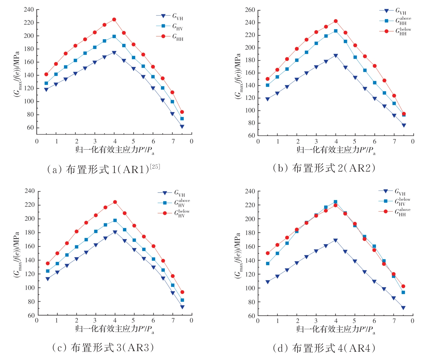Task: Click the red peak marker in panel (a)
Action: [x=114, y=20]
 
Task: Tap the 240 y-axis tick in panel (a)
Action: [x=29, y=9]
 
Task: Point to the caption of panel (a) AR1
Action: [x=103, y=169]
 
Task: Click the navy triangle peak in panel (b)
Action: [x=336, y=55]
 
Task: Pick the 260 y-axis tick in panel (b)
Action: [x=250, y=10]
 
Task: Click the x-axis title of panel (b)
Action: [x=336, y=150]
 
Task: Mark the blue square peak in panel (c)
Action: [x=115, y=220]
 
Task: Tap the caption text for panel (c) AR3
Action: [x=103, y=347]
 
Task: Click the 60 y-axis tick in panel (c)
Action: [x=31, y=315]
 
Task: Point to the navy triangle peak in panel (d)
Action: [x=335, y=240]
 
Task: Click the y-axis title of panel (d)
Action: [x=238, y=255]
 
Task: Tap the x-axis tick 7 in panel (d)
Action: [x=394, y=321]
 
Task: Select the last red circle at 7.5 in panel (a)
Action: [x=182, y=112]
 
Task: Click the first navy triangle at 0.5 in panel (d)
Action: [x=267, y=282]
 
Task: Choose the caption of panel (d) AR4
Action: [x=324, y=348]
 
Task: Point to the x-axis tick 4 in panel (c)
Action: [x=115, y=321]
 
